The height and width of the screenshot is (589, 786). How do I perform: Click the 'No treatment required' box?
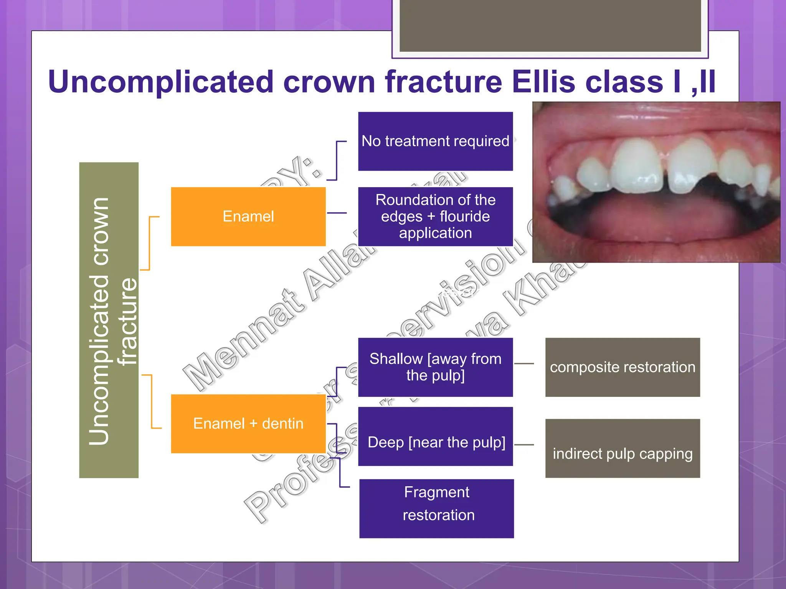[435, 141]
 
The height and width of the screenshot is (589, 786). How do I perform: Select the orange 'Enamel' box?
[248, 216]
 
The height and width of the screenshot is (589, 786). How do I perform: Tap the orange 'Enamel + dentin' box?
[248, 423]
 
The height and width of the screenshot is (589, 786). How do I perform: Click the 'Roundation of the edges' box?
[435, 216]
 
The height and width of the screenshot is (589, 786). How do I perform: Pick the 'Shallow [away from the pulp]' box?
[435, 367]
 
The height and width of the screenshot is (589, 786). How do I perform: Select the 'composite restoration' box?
[623, 367]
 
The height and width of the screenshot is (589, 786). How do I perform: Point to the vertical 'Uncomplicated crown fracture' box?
[109, 320]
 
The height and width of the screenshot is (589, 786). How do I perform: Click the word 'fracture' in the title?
[443, 82]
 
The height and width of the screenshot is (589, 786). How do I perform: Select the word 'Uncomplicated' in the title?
[161, 82]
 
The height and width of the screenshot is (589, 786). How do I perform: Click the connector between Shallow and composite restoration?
[524, 363]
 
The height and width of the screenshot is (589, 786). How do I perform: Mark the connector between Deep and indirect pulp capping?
[524, 445]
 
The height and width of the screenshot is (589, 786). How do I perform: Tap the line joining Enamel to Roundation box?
[337, 213]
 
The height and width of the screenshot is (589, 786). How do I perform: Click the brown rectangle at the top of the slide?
[550, 25]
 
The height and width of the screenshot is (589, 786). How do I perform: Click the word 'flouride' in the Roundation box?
[464, 217]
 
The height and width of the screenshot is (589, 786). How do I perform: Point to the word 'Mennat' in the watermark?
[246, 341]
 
